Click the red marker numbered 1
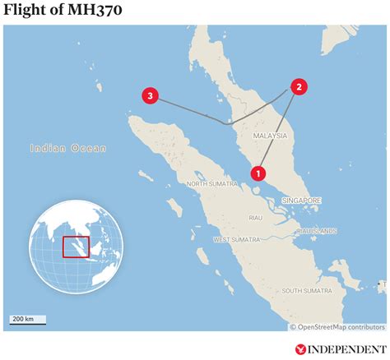pos(258,173)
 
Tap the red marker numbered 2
pos(299,87)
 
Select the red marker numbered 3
pos(150,97)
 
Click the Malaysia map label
pos(270,136)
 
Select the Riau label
pos(255,218)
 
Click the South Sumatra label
pos(306,291)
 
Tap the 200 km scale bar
pos(28,321)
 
